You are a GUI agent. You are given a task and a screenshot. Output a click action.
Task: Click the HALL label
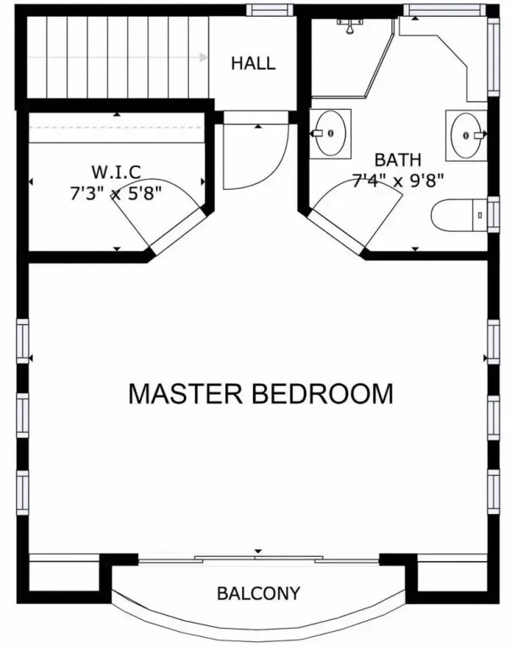(253, 63)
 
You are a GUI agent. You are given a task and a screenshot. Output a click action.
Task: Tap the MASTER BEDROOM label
(261, 394)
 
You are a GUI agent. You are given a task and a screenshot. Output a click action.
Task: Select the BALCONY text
(258, 593)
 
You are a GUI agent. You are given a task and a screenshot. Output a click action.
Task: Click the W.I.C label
(116, 172)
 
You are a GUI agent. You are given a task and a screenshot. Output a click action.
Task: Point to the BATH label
(397, 159)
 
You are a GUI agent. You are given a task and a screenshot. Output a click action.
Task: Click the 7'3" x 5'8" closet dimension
(116, 193)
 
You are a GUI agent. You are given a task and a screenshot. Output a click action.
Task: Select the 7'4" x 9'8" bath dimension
(397, 181)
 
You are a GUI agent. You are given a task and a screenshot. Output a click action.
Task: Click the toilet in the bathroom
(459, 215)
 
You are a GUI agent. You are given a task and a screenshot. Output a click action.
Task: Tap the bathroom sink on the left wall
(330, 133)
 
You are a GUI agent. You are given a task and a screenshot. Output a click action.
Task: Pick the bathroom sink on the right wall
(466, 135)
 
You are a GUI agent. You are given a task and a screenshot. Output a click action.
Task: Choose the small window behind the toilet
(493, 214)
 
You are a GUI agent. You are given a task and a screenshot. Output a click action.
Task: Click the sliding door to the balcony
(259, 559)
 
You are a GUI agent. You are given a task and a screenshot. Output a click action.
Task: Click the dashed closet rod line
(117, 127)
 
